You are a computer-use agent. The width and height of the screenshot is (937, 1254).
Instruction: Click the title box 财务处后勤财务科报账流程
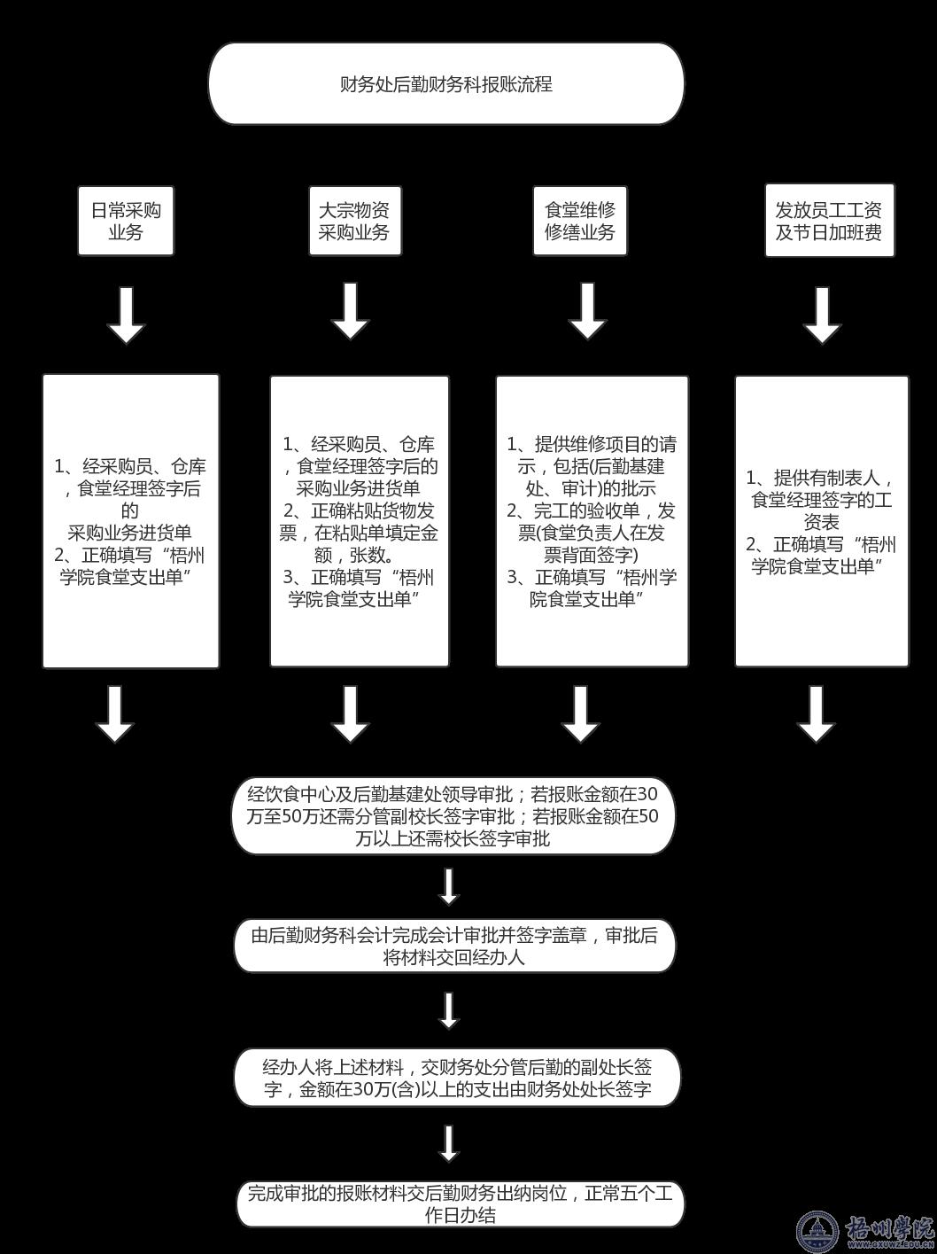click(446, 83)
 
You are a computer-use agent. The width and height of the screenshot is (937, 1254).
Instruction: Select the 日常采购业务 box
click(126, 221)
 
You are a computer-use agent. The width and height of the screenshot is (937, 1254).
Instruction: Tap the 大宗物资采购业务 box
click(354, 221)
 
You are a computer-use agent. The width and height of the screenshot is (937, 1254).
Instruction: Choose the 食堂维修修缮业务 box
click(580, 221)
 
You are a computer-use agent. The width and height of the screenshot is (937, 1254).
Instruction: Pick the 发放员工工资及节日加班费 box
click(830, 221)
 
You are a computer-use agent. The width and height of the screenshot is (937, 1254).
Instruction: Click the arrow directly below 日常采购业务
click(126, 314)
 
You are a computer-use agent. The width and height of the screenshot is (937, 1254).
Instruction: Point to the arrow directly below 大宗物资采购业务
click(351, 311)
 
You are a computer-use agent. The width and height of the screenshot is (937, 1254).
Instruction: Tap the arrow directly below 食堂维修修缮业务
click(587, 311)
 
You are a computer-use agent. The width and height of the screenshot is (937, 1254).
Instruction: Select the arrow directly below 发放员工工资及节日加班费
click(822, 314)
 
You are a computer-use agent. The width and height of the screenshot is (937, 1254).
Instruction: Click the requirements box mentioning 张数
click(360, 521)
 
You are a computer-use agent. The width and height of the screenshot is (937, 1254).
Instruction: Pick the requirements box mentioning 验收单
click(592, 521)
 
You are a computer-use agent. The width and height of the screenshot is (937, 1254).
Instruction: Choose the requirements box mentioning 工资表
click(822, 521)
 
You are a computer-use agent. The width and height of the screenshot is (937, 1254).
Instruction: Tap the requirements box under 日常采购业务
click(131, 521)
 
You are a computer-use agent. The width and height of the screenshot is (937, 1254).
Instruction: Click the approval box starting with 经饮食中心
click(453, 815)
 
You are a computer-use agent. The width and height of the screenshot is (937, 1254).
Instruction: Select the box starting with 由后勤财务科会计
click(454, 946)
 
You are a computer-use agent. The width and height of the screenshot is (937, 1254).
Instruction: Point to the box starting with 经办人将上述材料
click(457, 1078)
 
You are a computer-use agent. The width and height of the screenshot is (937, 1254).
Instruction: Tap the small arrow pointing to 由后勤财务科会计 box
click(449, 886)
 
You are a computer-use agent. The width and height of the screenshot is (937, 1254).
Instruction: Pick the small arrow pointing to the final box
click(449, 1143)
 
